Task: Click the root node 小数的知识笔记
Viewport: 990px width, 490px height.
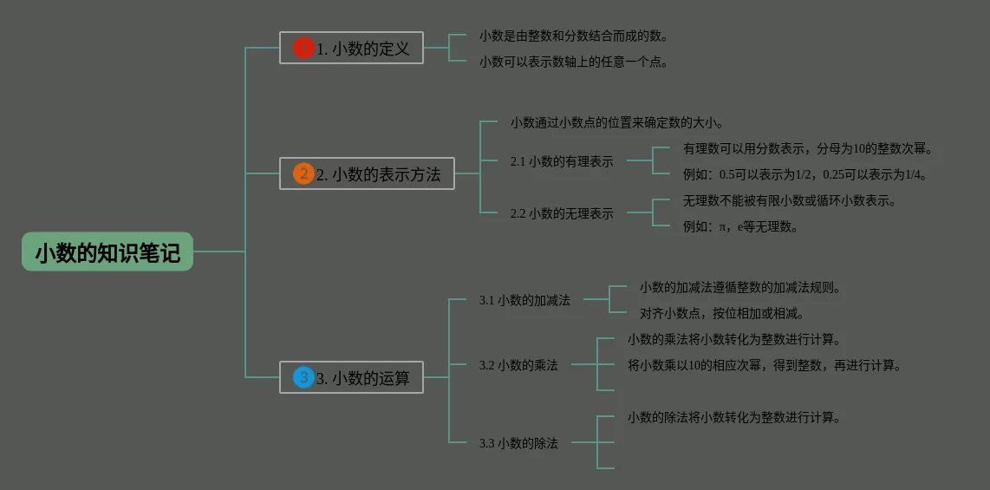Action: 107,252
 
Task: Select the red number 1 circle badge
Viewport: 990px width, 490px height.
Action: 303,49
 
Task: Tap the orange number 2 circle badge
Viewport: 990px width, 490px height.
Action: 303,174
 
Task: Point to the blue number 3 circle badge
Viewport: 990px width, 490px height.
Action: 303,377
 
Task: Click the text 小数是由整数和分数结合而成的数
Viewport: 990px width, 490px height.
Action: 573,36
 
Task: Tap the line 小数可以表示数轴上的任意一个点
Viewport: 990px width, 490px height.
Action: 573,62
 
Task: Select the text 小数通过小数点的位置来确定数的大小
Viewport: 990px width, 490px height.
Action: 617,122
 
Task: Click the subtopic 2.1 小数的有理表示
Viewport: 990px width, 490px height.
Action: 562,161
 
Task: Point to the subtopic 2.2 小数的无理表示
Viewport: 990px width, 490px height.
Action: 562,213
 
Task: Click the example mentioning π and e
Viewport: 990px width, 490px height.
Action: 740,226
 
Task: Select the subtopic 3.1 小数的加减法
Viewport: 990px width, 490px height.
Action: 524,300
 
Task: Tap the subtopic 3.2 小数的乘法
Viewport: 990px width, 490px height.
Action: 518,365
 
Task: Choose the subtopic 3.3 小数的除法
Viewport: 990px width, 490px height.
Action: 518,443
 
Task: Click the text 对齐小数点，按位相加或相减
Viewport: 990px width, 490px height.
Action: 722,313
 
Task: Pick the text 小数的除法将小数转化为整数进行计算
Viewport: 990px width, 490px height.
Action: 734,417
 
